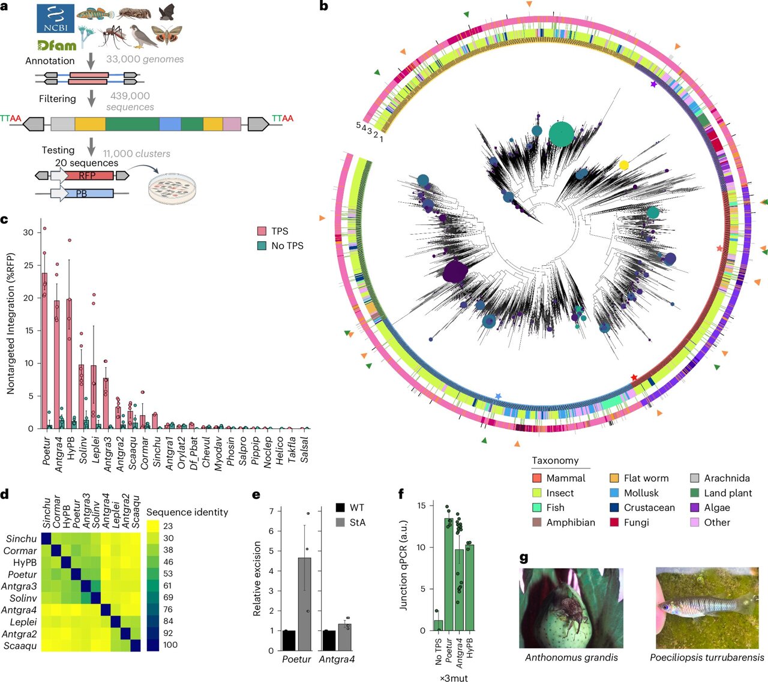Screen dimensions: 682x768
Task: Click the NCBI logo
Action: click(56, 18)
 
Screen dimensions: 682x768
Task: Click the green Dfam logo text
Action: click(56, 45)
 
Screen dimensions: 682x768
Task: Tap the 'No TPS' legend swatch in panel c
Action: click(262, 245)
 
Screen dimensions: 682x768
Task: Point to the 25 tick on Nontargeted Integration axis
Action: click(28, 265)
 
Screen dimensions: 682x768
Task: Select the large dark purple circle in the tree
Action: click(455, 274)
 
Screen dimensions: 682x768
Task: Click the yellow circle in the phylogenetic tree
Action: click(624, 165)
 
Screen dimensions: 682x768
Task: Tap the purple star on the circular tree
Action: click(653, 85)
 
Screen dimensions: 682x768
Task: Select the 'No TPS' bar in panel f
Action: click(439, 625)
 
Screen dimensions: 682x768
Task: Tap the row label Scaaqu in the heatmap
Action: click(20, 646)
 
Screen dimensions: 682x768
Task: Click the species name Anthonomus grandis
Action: click(571, 657)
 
